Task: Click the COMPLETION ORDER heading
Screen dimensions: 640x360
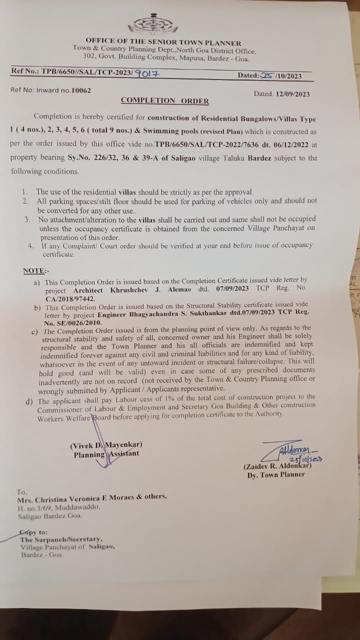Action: (x=164, y=100)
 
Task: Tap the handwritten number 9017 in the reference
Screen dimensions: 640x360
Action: (x=148, y=73)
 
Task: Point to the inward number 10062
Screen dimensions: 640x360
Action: (x=81, y=90)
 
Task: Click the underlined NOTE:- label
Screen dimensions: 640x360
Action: (x=36, y=270)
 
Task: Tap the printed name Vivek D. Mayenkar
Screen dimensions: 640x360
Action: (x=106, y=444)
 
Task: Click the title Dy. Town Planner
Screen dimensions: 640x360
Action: (x=275, y=474)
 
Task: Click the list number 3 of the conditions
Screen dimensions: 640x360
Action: (x=27, y=219)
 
